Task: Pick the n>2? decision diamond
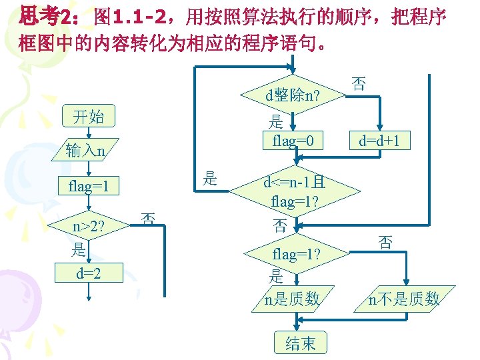click(x=91, y=227)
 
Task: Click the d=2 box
click(x=88, y=272)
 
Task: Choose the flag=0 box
click(x=293, y=140)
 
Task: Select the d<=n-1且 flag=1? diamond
click(x=294, y=191)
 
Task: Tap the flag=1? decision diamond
click(x=294, y=255)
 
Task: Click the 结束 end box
click(x=301, y=343)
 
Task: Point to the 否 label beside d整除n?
click(x=358, y=83)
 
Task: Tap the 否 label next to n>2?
click(x=149, y=218)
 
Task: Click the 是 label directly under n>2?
click(x=79, y=250)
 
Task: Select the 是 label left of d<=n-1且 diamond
click(x=210, y=178)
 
